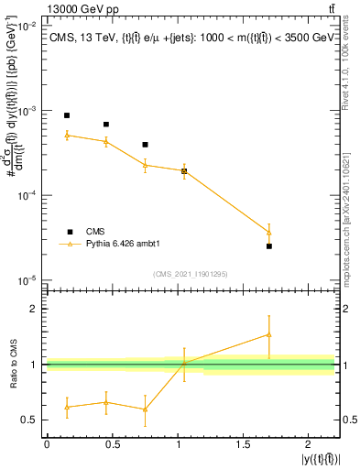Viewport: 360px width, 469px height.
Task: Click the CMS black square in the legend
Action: pos(67,231)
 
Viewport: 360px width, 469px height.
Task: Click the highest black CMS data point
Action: pos(67,115)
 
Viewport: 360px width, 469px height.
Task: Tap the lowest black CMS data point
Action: pos(269,246)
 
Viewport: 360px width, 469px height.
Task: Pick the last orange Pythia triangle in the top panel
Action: pos(269,232)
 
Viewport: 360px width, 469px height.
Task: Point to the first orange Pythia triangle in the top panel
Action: pos(67,135)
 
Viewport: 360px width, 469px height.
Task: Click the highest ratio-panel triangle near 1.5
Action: pos(269,334)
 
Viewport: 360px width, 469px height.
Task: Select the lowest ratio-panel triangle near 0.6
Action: pos(145,409)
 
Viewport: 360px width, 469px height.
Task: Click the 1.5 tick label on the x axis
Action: pos(243,444)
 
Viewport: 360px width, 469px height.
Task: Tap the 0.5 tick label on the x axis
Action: pos(112,444)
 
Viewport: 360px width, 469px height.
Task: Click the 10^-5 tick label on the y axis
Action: pos(26,280)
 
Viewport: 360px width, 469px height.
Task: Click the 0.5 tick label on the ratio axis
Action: pos(29,420)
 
